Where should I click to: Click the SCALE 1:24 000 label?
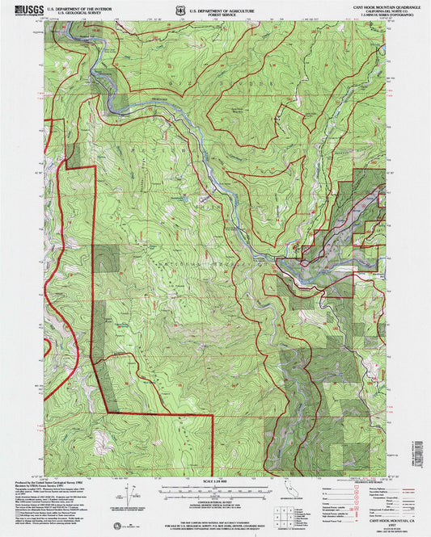tap(215, 484)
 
